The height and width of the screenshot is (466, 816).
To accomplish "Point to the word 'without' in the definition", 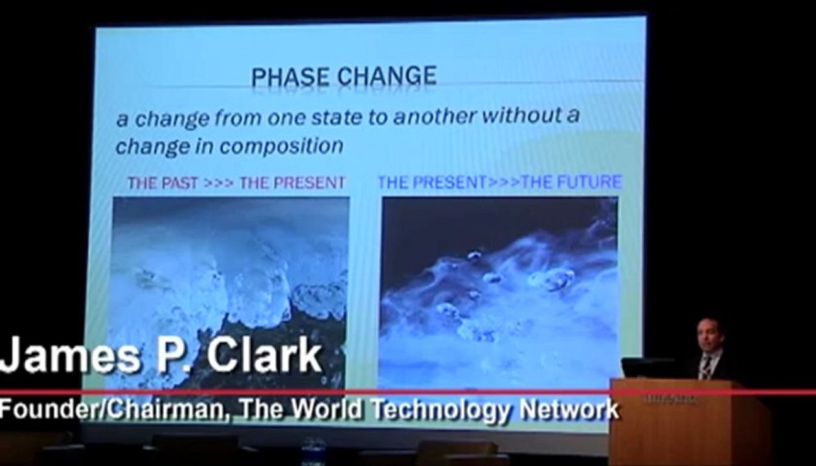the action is click(x=518, y=115).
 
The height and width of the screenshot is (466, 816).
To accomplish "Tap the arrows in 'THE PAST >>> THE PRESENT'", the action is click(x=219, y=183).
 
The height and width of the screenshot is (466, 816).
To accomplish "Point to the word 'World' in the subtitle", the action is click(x=328, y=408).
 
